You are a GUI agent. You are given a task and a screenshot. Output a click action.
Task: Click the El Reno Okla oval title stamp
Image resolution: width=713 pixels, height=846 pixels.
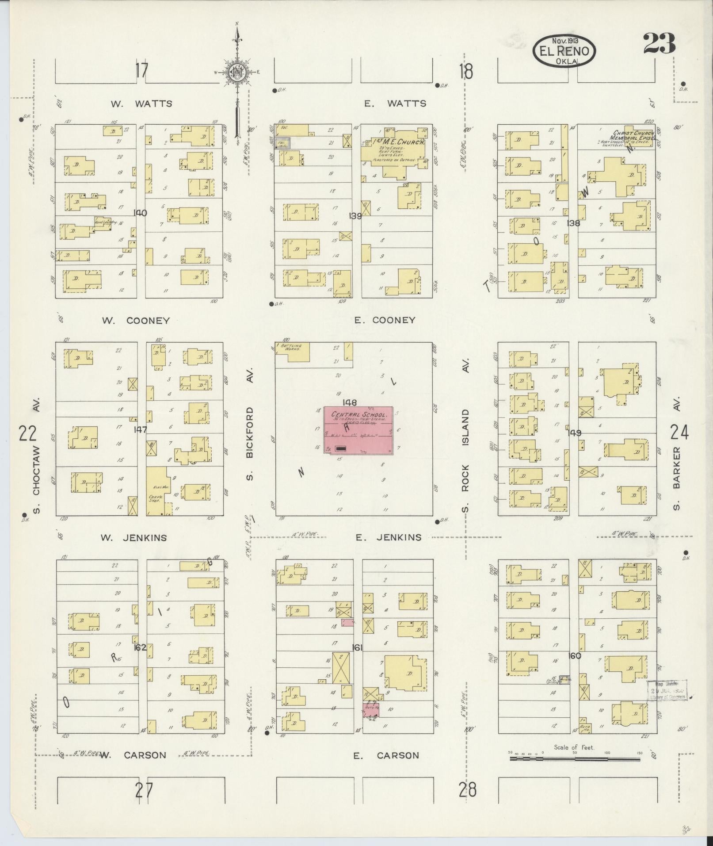[x=564, y=51]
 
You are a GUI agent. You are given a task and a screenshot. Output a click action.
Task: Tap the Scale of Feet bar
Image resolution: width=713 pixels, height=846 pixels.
[x=575, y=758]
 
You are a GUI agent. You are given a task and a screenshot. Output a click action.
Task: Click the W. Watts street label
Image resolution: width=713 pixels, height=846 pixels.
[x=141, y=104]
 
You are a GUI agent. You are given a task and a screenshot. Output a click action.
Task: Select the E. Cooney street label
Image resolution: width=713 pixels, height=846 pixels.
[x=385, y=320]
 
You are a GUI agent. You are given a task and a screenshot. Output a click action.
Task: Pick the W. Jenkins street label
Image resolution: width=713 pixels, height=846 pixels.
[x=133, y=538]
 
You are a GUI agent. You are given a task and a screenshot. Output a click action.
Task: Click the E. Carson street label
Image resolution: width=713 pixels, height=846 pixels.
[x=386, y=755]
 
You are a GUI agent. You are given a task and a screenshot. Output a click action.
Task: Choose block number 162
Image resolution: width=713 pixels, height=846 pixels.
[x=140, y=647]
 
